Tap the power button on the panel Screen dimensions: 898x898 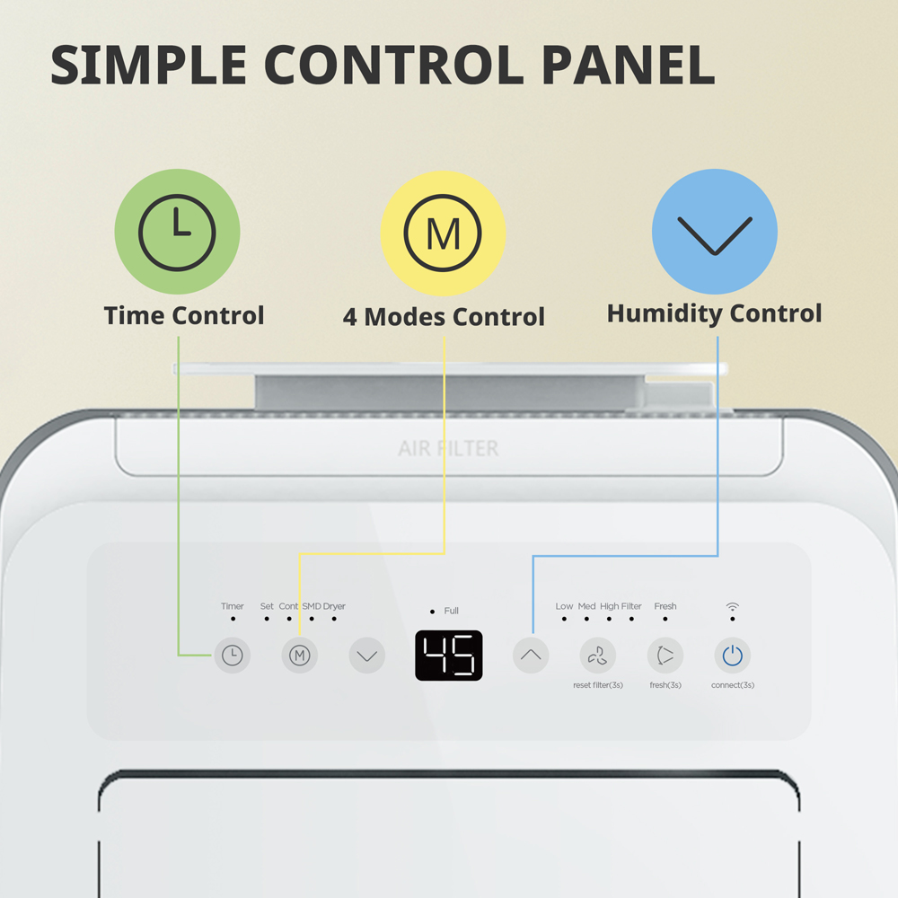(x=733, y=656)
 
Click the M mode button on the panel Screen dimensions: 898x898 (x=300, y=656)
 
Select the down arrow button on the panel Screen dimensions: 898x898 (x=367, y=656)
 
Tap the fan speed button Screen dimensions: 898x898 (x=598, y=656)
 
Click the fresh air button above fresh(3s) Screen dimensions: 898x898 (x=665, y=656)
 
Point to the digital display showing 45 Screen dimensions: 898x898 (x=449, y=656)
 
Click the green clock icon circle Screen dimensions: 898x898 (x=177, y=232)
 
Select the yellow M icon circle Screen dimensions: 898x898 (x=444, y=233)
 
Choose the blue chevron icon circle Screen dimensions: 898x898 (x=715, y=232)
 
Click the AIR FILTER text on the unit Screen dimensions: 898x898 (x=448, y=448)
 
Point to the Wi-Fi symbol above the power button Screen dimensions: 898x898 (x=733, y=606)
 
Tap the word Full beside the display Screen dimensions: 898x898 (x=452, y=611)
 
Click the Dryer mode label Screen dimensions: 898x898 (x=334, y=606)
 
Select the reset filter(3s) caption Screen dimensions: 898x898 (x=598, y=685)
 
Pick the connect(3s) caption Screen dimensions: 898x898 (x=733, y=685)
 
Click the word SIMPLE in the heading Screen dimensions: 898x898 (x=148, y=65)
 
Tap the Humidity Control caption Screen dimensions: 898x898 (x=714, y=313)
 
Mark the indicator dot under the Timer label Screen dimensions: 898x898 (x=233, y=619)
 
